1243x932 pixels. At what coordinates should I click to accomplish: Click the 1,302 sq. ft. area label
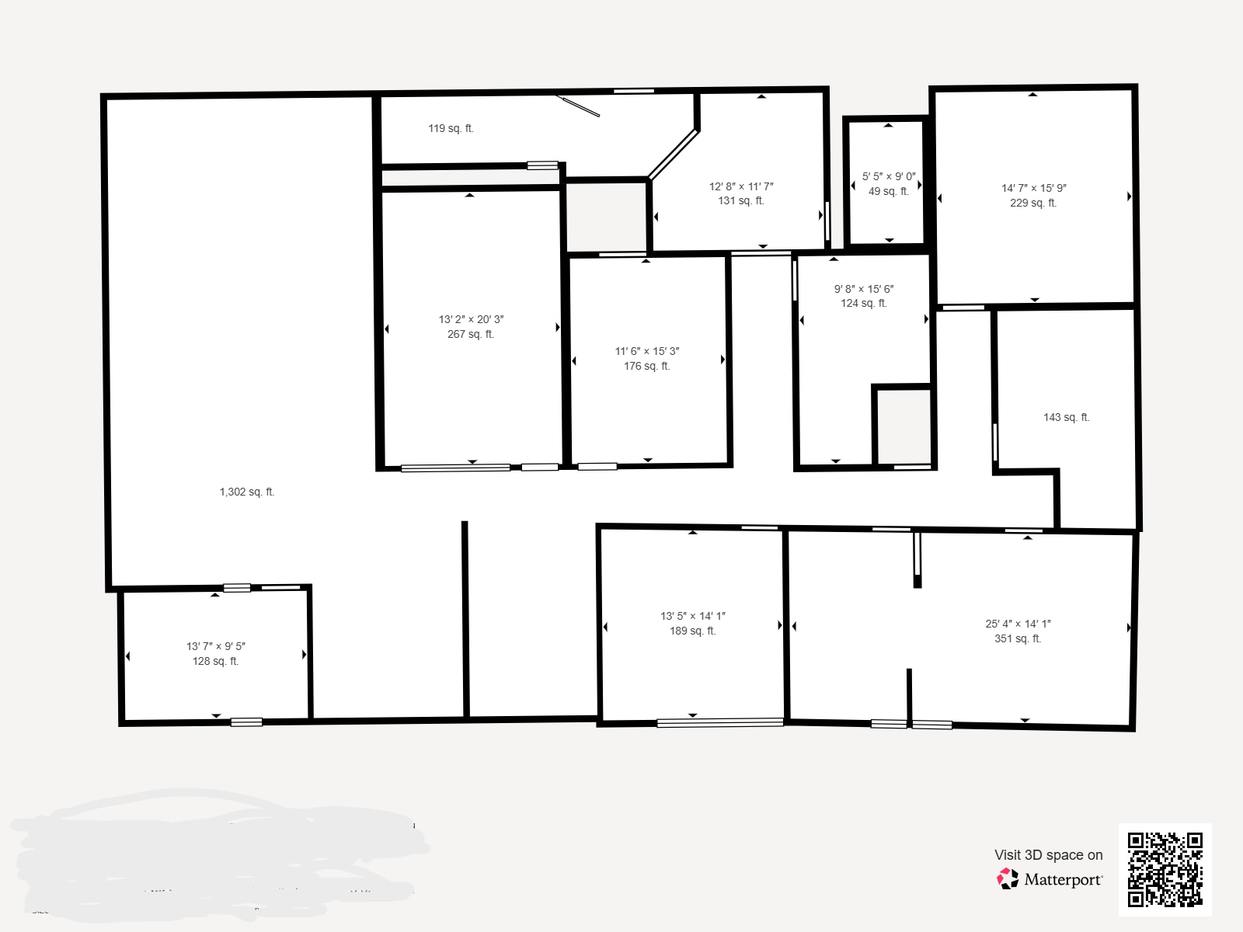247,492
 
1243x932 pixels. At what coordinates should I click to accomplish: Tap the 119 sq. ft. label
451,128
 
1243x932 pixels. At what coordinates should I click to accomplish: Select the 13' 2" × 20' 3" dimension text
471,319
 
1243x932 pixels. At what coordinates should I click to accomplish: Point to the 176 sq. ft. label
646,366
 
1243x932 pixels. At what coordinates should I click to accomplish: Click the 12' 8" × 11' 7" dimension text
741,186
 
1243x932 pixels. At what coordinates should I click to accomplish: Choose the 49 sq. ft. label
888,191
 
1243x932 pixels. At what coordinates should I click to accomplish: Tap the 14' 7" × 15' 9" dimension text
1033,188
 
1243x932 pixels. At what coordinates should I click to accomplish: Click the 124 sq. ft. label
863,303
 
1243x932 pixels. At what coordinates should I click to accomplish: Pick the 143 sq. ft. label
1066,417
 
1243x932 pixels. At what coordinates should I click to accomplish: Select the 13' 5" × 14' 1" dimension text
693,616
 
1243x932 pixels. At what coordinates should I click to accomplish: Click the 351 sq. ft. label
1018,638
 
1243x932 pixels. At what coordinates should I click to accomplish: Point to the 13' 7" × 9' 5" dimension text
216,646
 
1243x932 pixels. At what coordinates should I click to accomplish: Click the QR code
1165,869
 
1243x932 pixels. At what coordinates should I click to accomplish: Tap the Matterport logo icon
1008,878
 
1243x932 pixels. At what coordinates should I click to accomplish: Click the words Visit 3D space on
1048,854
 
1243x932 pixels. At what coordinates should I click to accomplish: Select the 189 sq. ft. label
693,631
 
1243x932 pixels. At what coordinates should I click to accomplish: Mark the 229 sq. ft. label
1033,203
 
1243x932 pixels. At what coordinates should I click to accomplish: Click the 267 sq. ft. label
471,334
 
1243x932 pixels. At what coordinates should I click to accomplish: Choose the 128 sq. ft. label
216,661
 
